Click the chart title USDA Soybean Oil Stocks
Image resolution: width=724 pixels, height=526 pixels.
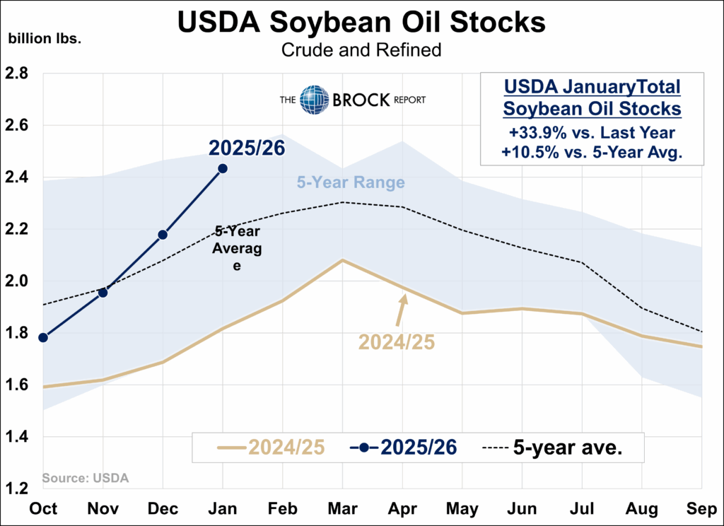(x=361, y=21)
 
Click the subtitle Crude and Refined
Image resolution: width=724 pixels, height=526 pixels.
(x=361, y=50)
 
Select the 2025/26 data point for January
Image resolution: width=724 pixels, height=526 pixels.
(x=223, y=168)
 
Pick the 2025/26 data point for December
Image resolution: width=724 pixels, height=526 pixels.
(x=163, y=235)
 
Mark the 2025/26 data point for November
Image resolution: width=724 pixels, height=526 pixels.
(x=103, y=292)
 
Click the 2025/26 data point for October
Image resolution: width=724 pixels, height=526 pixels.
(x=43, y=337)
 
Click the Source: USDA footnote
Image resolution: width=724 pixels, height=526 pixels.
(x=86, y=478)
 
